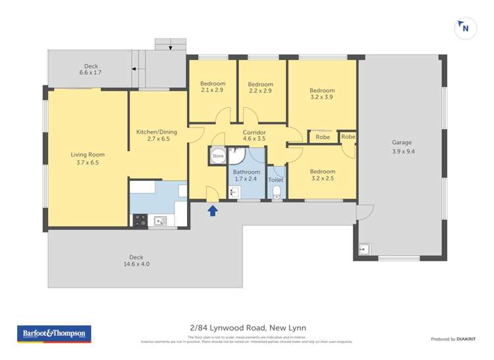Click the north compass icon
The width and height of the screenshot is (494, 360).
coord(465,28)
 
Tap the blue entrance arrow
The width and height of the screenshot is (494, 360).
coord(213,211)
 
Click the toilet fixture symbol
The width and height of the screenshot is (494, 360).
coord(277,192)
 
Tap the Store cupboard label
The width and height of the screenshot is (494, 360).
coord(217,157)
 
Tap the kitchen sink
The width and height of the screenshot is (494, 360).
coord(161,220)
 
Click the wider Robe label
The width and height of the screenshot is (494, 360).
coord(323,138)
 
